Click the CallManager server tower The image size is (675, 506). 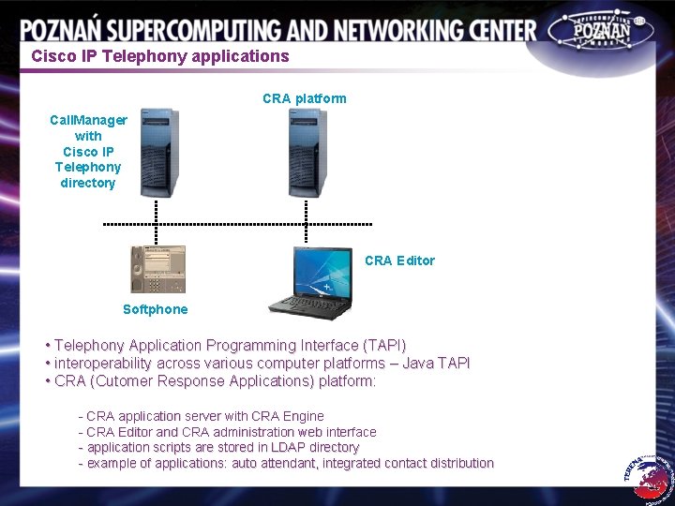click(x=157, y=152)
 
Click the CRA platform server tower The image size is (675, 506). click(x=307, y=152)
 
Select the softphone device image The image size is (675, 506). click(x=157, y=269)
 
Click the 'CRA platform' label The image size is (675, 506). click(x=304, y=98)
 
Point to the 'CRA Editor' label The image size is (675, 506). click(x=399, y=260)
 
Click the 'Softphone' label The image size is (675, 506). click(x=155, y=309)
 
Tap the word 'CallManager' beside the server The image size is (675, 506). click(x=88, y=120)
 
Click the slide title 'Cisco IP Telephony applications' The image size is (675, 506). click(x=160, y=55)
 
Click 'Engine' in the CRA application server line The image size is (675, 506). click(x=302, y=416)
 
